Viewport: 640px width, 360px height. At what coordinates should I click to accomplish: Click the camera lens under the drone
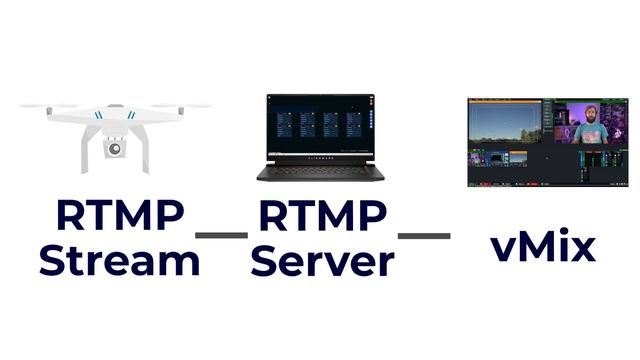tap(115, 149)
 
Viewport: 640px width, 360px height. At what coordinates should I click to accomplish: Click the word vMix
tap(543, 245)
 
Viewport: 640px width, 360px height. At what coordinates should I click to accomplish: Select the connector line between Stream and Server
tap(221, 236)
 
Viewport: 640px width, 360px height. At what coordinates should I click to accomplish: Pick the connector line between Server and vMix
tap(424, 236)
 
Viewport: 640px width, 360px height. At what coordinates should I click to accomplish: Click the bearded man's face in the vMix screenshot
tap(590, 112)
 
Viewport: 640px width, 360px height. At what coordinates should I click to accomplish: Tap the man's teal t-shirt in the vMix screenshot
tap(590, 134)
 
